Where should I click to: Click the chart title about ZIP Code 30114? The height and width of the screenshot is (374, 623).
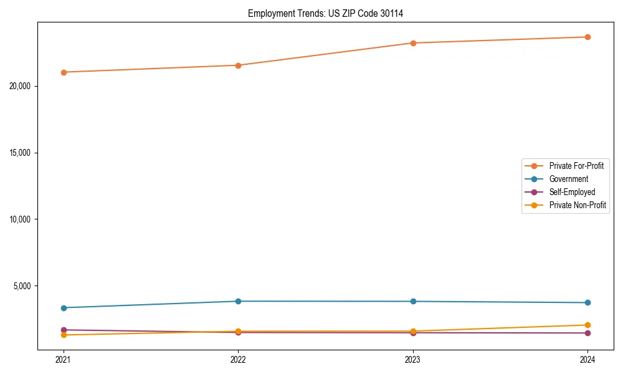pyautogui.click(x=325, y=13)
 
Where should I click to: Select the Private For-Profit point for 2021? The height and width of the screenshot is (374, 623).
pyautogui.click(x=64, y=72)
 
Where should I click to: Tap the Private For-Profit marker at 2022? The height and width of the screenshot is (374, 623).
pyautogui.click(x=238, y=65)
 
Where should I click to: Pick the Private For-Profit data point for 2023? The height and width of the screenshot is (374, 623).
pyautogui.click(x=413, y=43)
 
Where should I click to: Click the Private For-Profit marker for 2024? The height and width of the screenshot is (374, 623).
pyautogui.click(x=587, y=37)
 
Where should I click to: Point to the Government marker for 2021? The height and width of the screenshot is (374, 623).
pyautogui.click(x=64, y=308)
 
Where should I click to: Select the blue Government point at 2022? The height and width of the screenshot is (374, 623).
pyautogui.click(x=238, y=301)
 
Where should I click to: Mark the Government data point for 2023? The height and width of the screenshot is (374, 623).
pyautogui.click(x=413, y=301)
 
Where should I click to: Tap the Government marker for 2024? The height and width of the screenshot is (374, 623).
pyautogui.click(x=587, y=303)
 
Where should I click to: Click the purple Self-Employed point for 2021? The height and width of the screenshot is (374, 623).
pyautogui.click(x=64, y=330)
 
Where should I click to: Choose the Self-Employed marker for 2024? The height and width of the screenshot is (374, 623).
pyautogui.click(x=587, y=333)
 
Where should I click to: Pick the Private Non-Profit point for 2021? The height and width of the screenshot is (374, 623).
pyautogui.click(x=64, y=335)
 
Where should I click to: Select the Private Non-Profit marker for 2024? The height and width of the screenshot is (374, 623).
pyautogui.click(x=587, y=325)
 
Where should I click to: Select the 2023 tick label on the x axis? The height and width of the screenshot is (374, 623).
pyautogui.click(x=413, y=359)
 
